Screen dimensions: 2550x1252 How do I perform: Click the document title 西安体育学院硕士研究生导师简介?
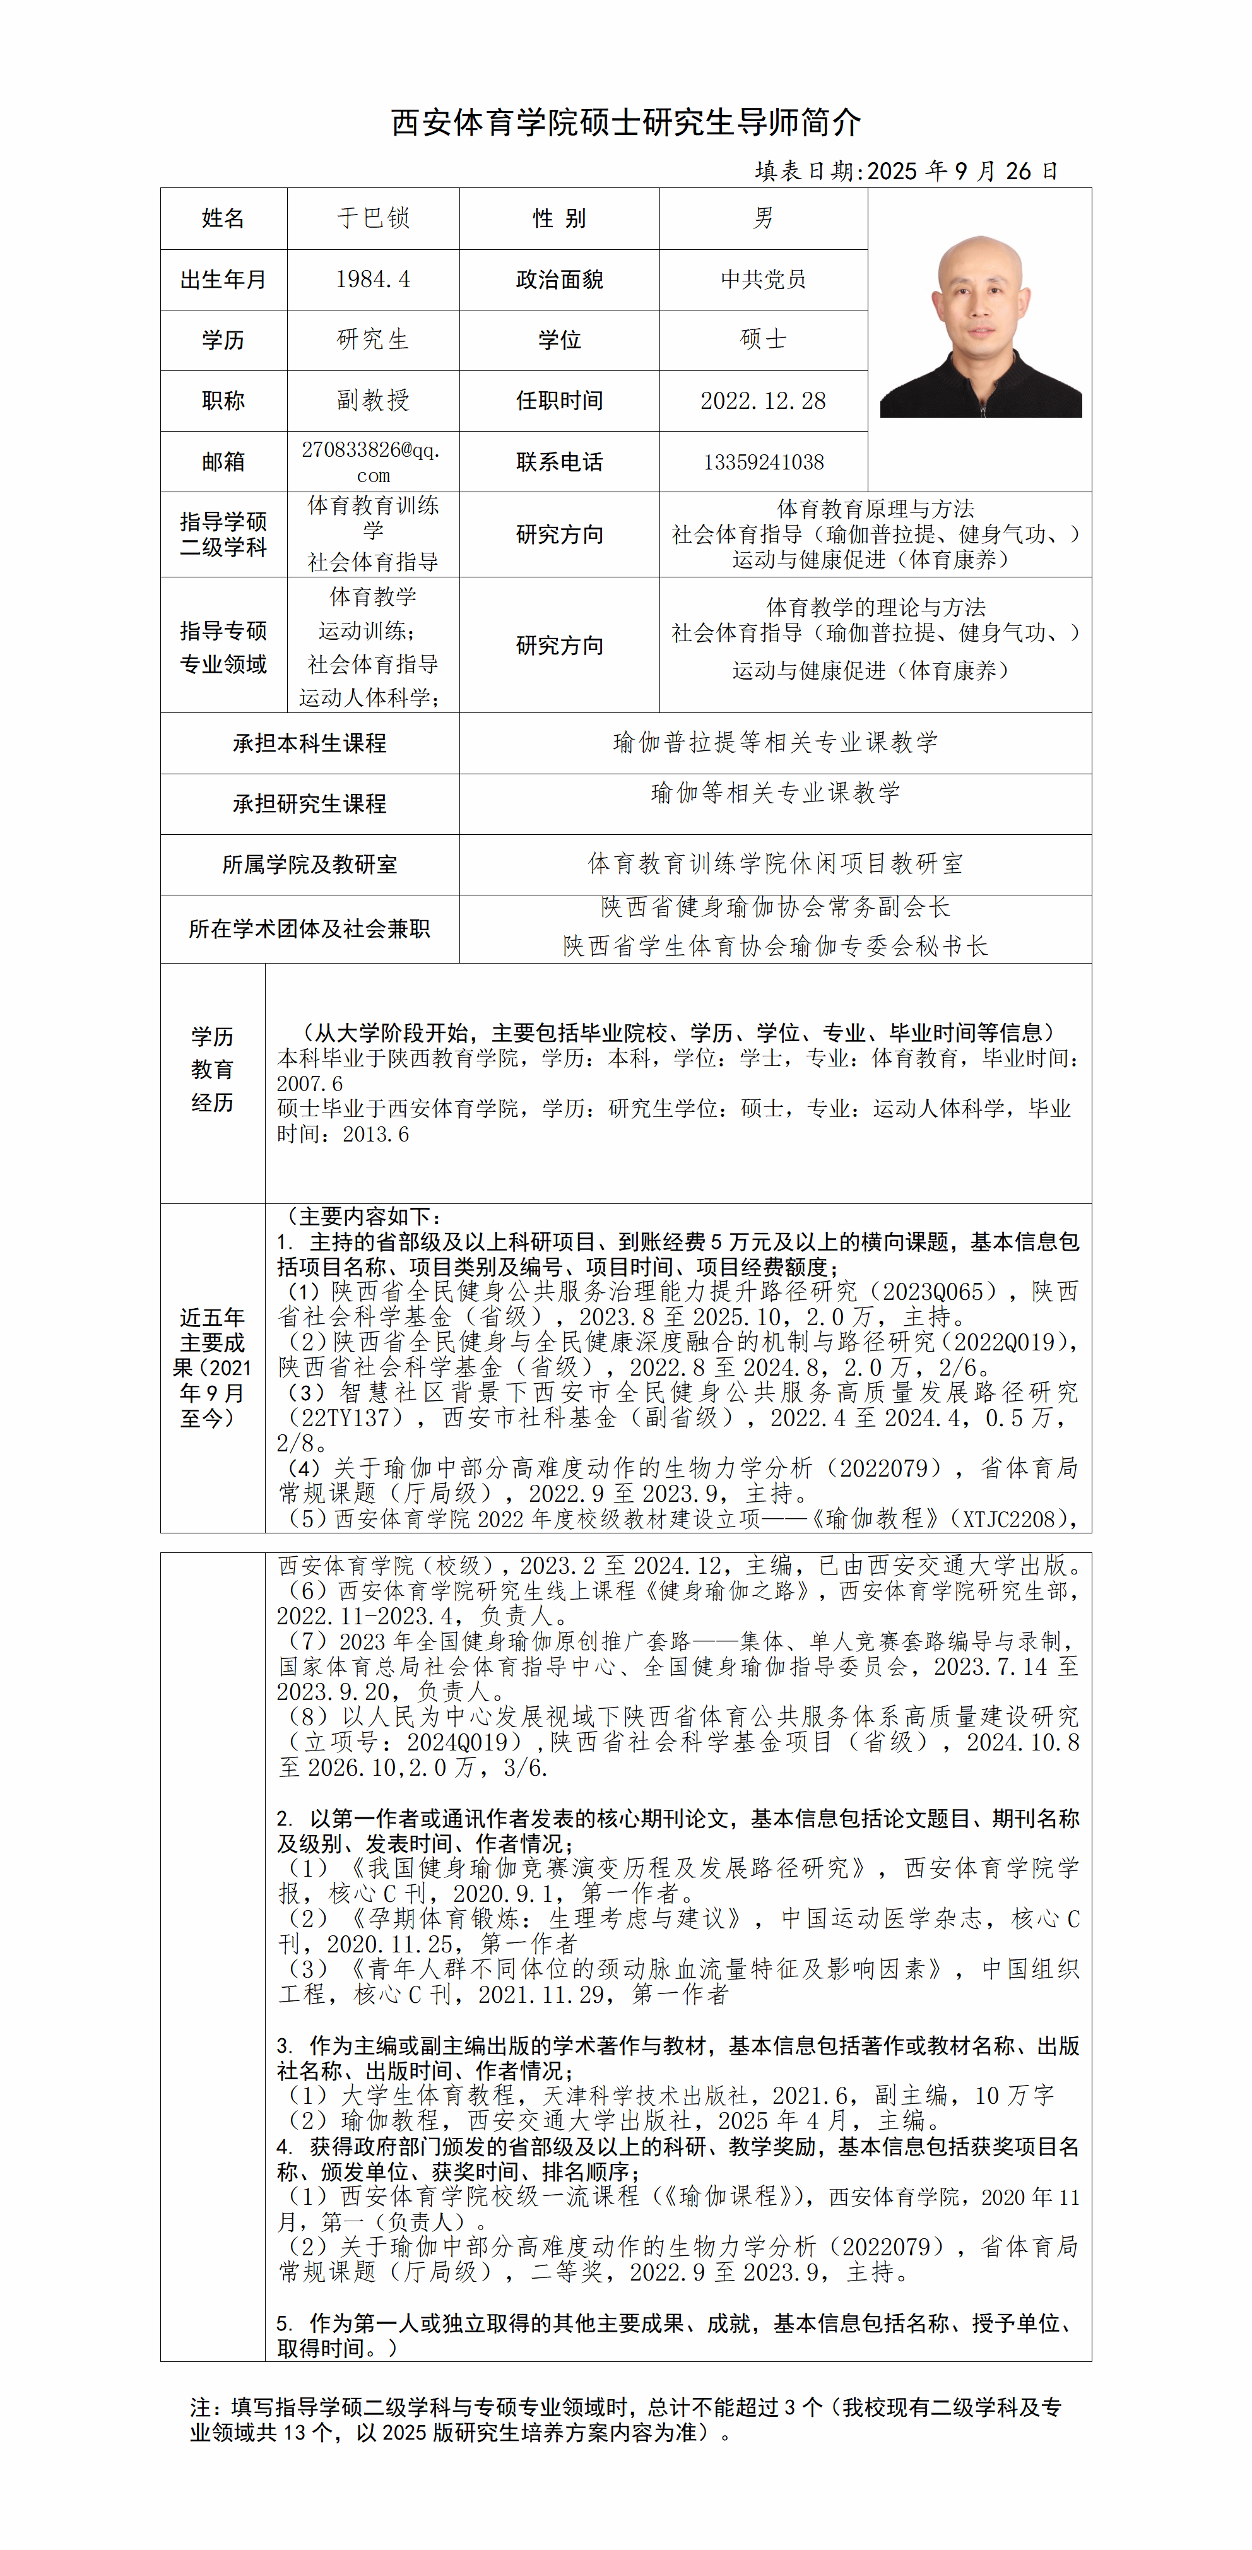coord(625,123)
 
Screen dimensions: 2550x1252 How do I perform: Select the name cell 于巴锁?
coord(373,218)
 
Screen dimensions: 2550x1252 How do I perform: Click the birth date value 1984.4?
coord(373,279)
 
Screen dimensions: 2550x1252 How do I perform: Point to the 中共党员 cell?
coord(763,279)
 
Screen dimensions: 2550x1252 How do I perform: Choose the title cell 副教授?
coord(373,400)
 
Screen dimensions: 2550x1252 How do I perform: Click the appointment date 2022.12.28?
coord(763,401)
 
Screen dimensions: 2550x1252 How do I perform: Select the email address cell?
coord(372,461)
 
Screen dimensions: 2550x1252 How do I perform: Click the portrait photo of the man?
coord(980,327)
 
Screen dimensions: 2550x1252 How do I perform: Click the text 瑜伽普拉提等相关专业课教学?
coord(775,743)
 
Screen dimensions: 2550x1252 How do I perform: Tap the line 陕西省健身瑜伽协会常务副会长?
coord(775,907)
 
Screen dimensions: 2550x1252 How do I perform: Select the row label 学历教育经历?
coord(212,1069)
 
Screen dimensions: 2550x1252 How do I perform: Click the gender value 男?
coord(763,218)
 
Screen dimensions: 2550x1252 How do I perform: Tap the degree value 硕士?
coord(763,339)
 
